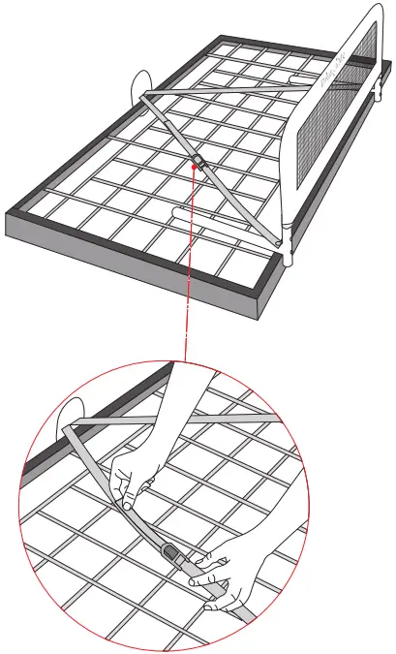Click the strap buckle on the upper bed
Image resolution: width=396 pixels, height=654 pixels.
pyautogui.click(x=198, y=157)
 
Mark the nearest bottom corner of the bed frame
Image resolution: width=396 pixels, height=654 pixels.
pyautogui.click(x=264, y=320)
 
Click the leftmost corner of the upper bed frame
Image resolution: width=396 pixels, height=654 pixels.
pyautogui.click(x=8, y=211)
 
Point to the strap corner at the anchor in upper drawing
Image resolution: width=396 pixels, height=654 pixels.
pyautogui.click(x=144, y=96)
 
